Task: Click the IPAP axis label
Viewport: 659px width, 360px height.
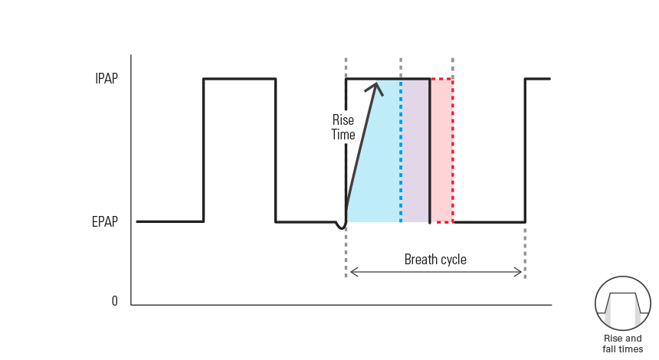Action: [106, 79]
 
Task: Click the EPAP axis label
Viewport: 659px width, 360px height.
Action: [105, 222]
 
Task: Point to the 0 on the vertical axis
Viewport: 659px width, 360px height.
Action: [115, 301]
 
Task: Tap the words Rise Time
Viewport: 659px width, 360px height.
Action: [343, 127]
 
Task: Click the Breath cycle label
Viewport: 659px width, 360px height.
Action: [435, 260]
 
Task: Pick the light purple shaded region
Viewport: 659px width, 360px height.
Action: [415, 153]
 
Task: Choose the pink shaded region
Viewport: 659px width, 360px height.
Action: [441, 153]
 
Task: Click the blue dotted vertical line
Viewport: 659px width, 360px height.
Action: [401, 153]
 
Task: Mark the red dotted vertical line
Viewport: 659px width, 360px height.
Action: [453, 153]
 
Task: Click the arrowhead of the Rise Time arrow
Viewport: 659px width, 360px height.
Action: [375, 87]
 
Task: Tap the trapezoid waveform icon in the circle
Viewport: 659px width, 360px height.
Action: [622, 303]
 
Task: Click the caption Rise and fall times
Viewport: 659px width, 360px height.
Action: [622, 343]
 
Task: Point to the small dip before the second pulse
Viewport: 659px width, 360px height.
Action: [341, 227]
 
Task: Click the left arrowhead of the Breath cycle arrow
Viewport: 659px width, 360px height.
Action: [352, 272]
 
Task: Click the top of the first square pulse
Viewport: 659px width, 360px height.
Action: [239, 79]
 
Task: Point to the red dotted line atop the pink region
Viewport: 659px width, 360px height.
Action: [441, 79]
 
